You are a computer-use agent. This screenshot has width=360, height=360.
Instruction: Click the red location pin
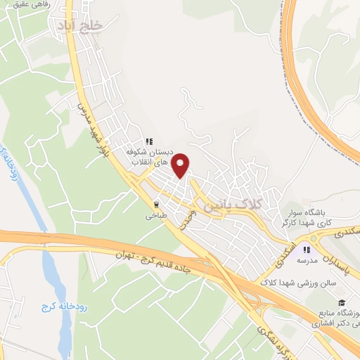pyautogui.click(x=181, y=165)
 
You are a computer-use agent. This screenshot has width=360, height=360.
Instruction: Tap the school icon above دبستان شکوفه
pyautogui.click(x=148, y=139)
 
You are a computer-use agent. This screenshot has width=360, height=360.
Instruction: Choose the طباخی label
pyautogui.click(x=157, y=217)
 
